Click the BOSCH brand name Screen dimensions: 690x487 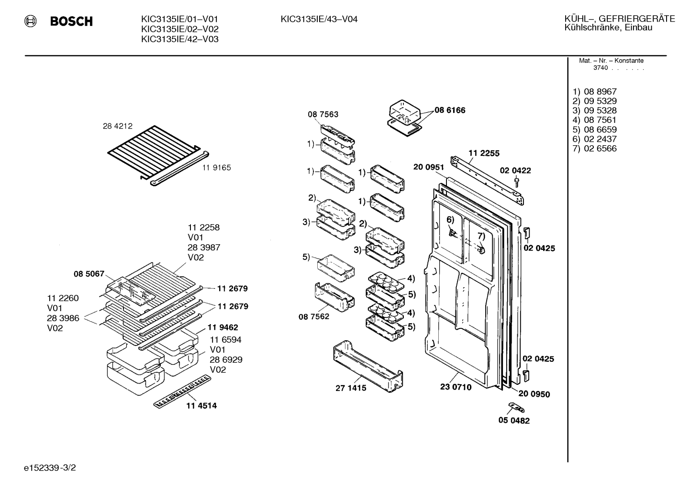[x=71, y=21]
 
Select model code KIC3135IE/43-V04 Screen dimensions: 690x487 [x=319, y=20]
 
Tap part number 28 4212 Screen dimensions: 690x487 [x=118, y=126]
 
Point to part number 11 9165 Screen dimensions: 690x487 [x=217, y=168]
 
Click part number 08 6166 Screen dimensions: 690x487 [x=450, y=110]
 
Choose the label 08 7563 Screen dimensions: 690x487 [x=323, y=114]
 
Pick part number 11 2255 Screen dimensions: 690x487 [x=484, y=153]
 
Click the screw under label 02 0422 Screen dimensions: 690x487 [x=517, y=182]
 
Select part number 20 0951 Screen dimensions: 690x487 [x=428, y=167]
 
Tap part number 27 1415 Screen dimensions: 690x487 [x=351, y=388]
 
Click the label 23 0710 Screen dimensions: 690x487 [x=456, y=387]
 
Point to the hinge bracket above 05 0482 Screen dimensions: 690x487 [x=516, y=408]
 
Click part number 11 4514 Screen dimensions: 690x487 [x=201, y=406]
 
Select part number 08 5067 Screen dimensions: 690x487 [x=89, y=274]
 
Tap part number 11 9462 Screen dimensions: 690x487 [x=223, y=327]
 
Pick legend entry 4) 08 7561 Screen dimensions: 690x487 [x=594, y=120]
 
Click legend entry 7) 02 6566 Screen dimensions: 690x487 [x=594, y=149]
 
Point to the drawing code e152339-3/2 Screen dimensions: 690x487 [x=50, y=468]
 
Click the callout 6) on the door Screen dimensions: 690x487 [x=450, y=220]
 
